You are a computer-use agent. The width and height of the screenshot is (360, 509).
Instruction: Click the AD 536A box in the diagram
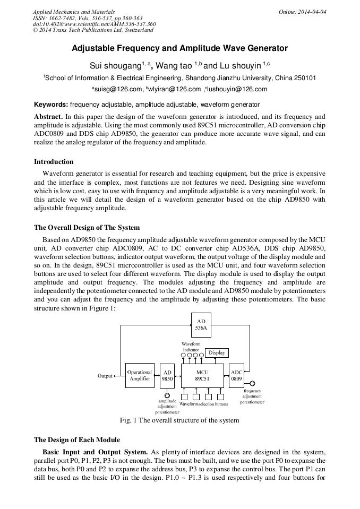pyautogui.click(x=201, y=325)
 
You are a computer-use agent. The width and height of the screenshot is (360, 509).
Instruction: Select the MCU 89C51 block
pyautogui.click(x=202, y=376)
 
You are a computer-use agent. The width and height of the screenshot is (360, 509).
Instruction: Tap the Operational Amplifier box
pyautogui.click(x=140, y=376)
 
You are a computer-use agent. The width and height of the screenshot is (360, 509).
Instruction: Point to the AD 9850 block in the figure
pyautogui.click(x=167, y=376)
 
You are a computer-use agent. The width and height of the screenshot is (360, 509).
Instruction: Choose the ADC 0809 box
pyautogui.click(x=236, y=376)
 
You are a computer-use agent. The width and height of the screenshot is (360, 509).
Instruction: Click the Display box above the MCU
pyautogui.click(x=217, y=353)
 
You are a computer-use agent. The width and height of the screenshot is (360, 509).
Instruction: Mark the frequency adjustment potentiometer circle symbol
pyautogui.click(x=252, y=383)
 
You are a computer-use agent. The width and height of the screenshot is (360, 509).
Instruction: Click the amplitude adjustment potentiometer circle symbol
pyautogui.click(x=167, y=395)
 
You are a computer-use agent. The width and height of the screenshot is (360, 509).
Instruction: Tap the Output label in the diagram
pyautogui.click(x=105, y=376)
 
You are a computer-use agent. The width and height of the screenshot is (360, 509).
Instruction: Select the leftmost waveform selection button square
pyautogui.click(x=184, y=396)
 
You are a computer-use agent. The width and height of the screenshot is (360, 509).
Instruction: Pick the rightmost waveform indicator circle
pyautogui.click(x=202, y=355)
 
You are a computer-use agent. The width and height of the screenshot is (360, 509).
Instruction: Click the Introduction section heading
pyautogui.click(x=54, y=162)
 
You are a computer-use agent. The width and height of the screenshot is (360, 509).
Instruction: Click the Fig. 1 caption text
pyautogui.click(x=179, y=420)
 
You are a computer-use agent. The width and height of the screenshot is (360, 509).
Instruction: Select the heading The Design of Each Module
pyautogui.click(x=77, y=440)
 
